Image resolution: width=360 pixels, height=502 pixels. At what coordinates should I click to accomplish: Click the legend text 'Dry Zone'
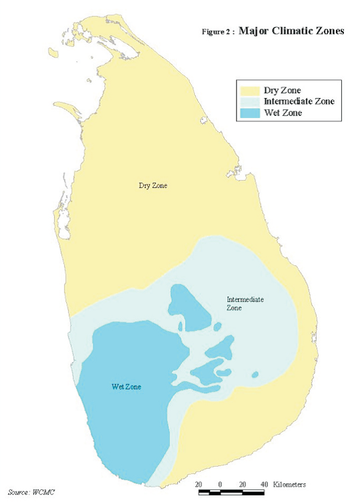pos(282,89)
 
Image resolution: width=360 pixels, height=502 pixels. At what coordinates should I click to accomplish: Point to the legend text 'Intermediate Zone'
pos(299,101)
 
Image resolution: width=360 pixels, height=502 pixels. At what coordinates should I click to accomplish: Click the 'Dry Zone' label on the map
pos(152,186)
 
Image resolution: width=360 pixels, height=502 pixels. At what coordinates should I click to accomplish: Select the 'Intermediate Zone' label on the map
pos(245,304)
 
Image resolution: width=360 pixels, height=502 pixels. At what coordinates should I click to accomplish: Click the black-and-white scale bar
pos(237,493)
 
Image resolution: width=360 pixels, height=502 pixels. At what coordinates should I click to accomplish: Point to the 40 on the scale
pos(264,484)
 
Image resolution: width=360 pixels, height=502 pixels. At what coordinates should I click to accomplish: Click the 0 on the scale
pos(220,484)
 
